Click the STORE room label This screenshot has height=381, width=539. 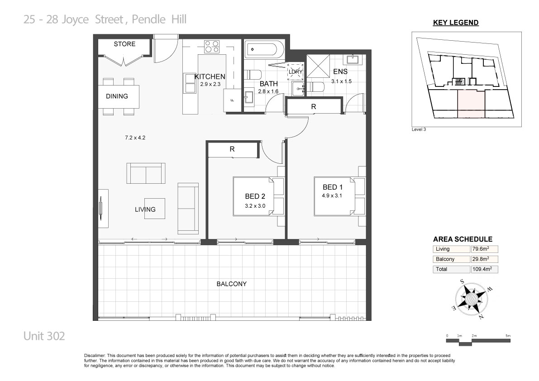124,44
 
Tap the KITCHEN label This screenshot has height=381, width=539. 210,76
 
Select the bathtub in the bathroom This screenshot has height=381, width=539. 265,50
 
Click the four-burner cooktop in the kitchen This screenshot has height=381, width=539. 212,47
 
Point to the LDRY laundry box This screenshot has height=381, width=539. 295,72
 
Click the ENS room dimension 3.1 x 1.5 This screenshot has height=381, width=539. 341,81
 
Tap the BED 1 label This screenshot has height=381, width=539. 333,187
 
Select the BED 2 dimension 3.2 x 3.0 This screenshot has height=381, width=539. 255,206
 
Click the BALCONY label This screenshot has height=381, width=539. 231,284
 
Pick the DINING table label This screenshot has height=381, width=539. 117,96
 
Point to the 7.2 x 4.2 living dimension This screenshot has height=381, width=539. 135,138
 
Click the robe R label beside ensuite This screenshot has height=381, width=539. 314,107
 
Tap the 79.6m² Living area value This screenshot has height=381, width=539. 481,249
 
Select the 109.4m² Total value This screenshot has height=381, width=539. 482,269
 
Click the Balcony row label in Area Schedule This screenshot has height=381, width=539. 445,259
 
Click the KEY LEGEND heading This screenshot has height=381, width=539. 456,23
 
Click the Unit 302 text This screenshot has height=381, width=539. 44,336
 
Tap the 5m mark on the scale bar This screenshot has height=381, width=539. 508,336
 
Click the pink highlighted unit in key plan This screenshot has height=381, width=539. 471,104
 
